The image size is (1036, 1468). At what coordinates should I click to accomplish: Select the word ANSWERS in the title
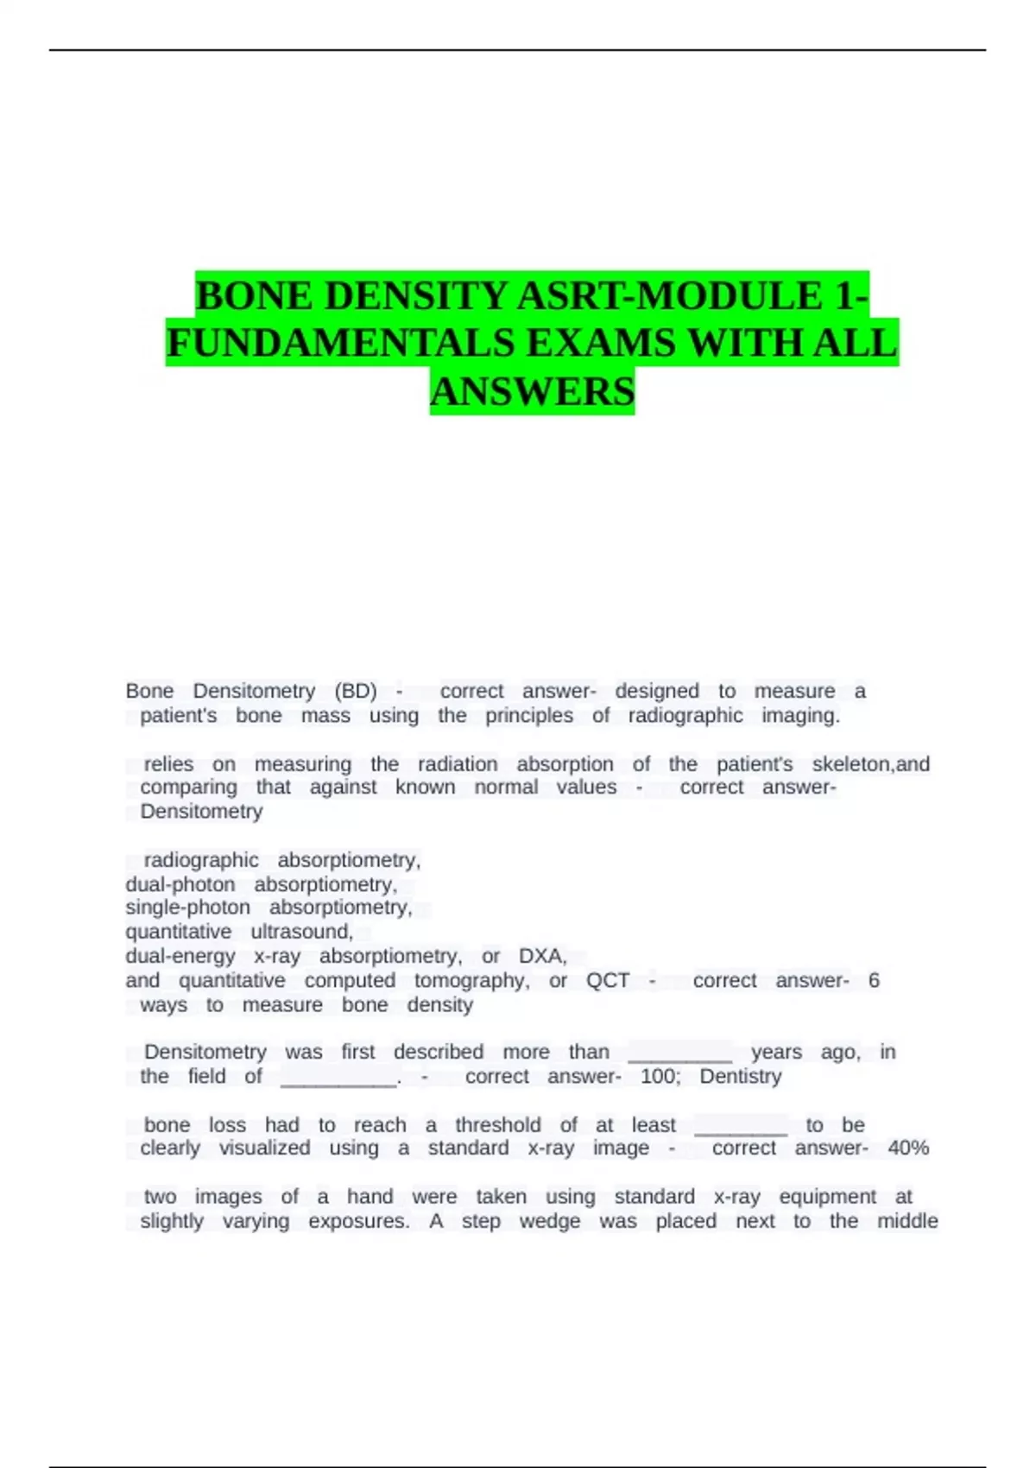click(x=532, y=392)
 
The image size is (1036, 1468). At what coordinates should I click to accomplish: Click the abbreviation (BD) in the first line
click(x=356, y=691)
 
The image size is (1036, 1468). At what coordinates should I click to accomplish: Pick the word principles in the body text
click(x=528, y=716)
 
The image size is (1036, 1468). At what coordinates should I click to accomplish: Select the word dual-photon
click(x=180, y=885)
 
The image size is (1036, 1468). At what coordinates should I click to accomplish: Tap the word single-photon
click(x=188, y=908)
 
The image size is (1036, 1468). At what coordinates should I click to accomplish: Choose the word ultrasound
click(x=301, y=933)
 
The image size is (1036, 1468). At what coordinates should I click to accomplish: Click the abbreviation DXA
click(x=542, y=957)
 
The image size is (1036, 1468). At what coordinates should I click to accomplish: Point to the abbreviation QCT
click(x=608, y=981)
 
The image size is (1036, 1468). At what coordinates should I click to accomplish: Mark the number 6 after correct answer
click(x=874, y=981)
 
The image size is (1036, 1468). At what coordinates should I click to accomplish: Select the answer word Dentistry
click(x=740, y=1077)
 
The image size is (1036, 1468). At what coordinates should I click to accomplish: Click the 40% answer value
click(x=908, y=1148)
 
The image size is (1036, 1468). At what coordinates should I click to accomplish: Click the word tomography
click(x=471, y=981)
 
